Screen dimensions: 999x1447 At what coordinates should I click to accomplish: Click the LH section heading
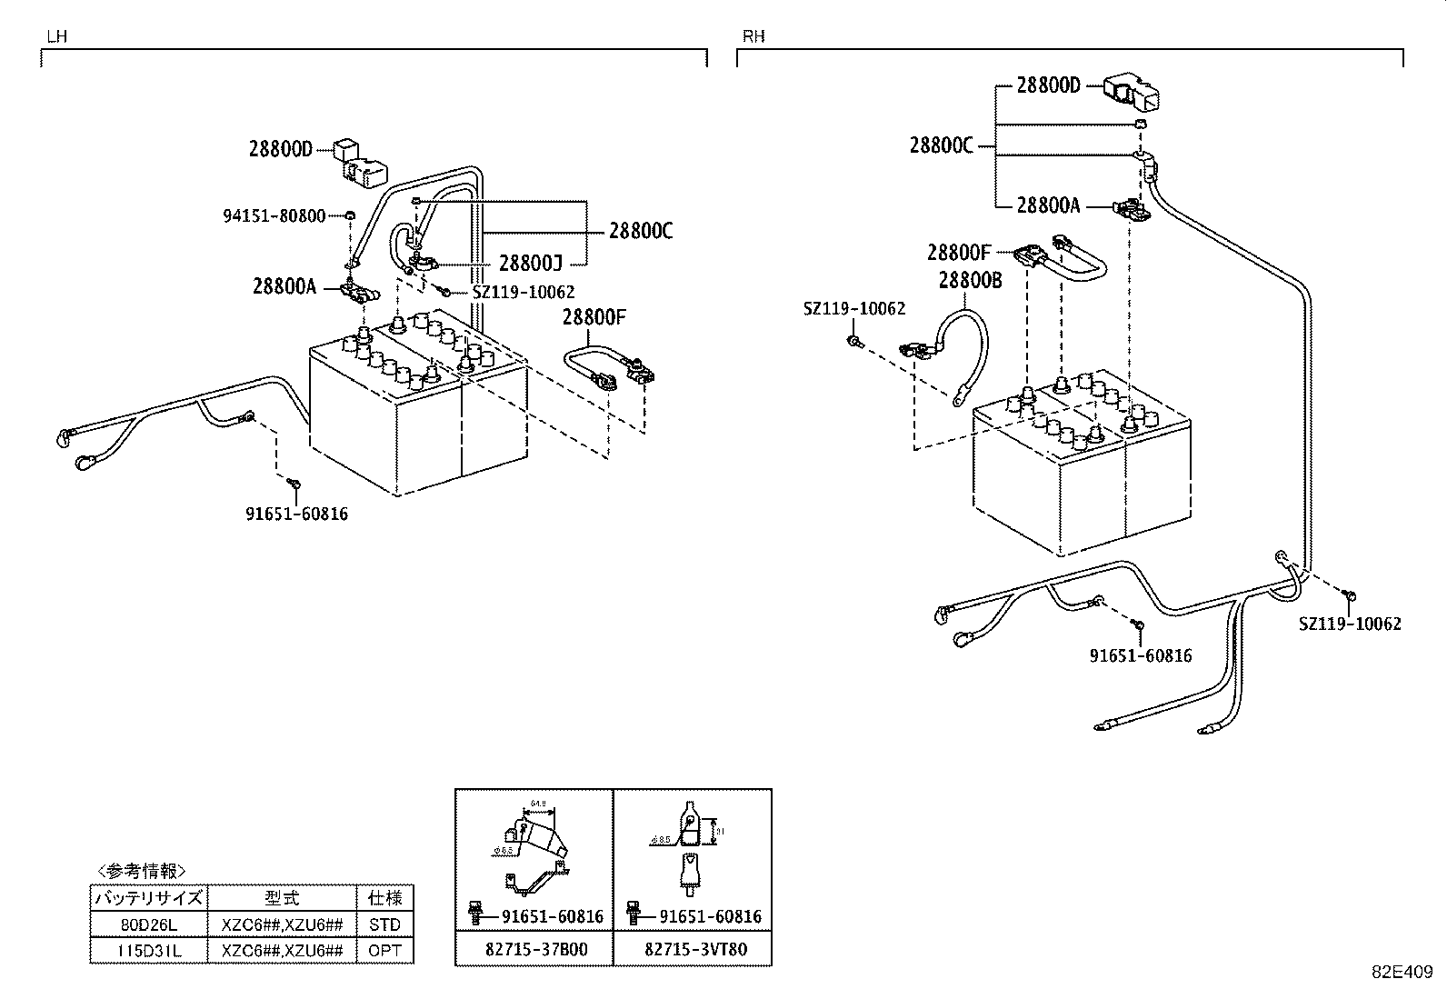56,37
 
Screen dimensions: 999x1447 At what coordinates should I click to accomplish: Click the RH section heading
753,36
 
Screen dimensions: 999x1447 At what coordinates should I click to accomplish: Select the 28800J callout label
531,264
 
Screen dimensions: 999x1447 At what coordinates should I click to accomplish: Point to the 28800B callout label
970,281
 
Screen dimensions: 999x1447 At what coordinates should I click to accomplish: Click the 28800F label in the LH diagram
594,317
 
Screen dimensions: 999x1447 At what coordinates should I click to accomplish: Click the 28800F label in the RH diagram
959,252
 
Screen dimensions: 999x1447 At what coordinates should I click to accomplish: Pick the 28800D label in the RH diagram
1048,85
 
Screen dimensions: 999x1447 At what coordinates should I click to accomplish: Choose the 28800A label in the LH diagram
284,287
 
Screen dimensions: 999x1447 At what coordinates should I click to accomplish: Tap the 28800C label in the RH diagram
942,145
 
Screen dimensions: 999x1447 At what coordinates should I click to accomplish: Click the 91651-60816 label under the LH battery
296,514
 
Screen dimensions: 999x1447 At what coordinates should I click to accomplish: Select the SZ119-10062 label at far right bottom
1349,624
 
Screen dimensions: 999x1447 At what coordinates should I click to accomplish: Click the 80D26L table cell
149,924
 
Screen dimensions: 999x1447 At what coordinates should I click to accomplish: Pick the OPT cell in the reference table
384,951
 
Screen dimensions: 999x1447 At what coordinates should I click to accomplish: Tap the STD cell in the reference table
384,924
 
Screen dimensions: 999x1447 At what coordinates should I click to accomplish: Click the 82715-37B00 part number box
535,950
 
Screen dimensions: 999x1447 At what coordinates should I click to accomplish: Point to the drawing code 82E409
1407,971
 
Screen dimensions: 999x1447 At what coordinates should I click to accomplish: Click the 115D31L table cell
149,951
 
